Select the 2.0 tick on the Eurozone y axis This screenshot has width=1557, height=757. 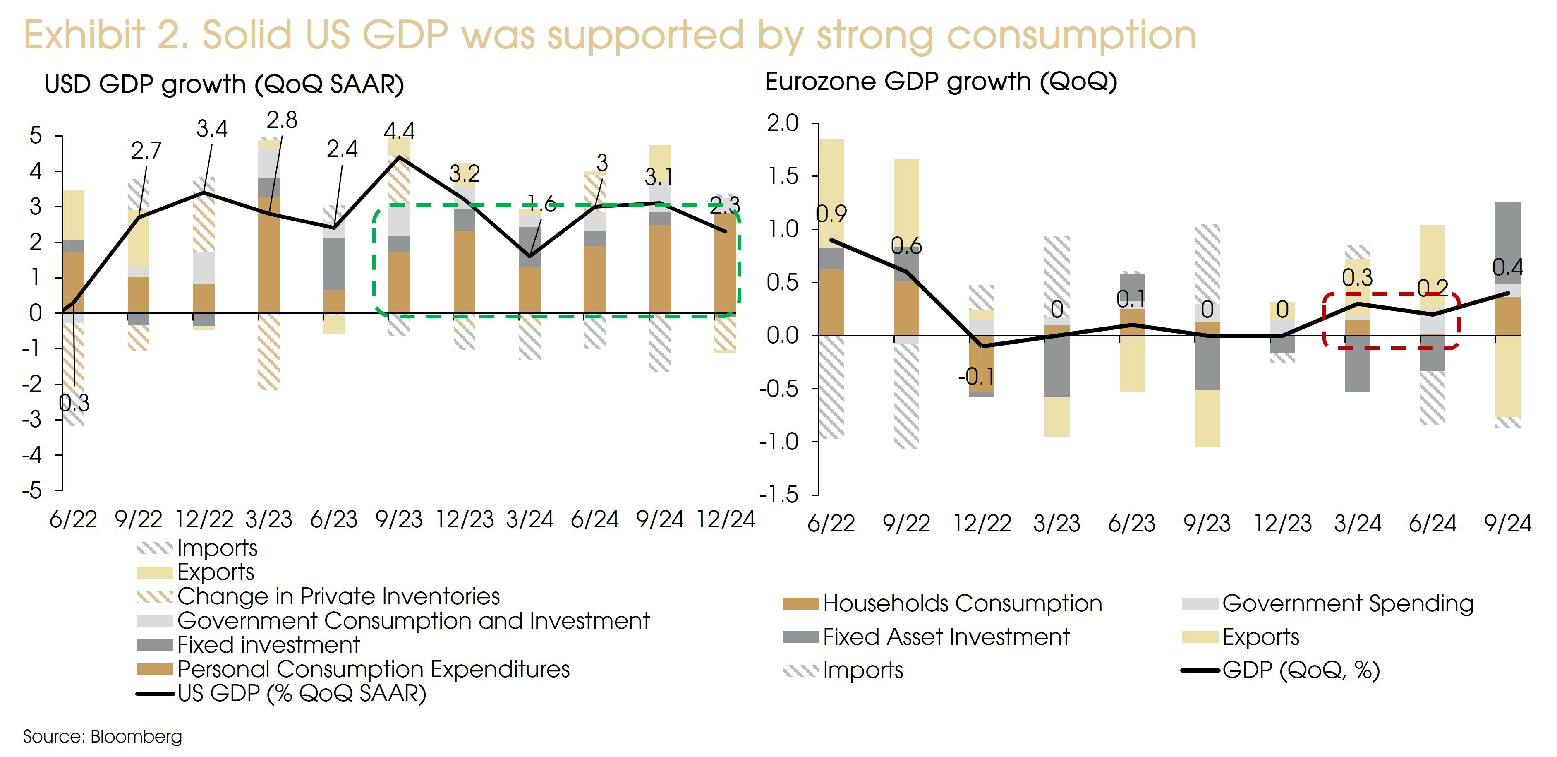[x=782, y=123]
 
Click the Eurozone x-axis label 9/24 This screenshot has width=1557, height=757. [x=1507, y=524]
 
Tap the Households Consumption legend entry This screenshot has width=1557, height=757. [x=962, y=603]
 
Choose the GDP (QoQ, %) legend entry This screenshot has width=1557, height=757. [x=1301, y=670]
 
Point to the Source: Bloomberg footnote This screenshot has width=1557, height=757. [x=102, y=736]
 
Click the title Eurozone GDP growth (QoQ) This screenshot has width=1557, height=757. [x=941, y=82]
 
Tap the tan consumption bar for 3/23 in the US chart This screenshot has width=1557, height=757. [x=269, y=254]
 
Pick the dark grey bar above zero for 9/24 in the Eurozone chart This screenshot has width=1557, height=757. [x=1507, y=242]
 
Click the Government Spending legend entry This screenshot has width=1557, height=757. [x=1347, y=603]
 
